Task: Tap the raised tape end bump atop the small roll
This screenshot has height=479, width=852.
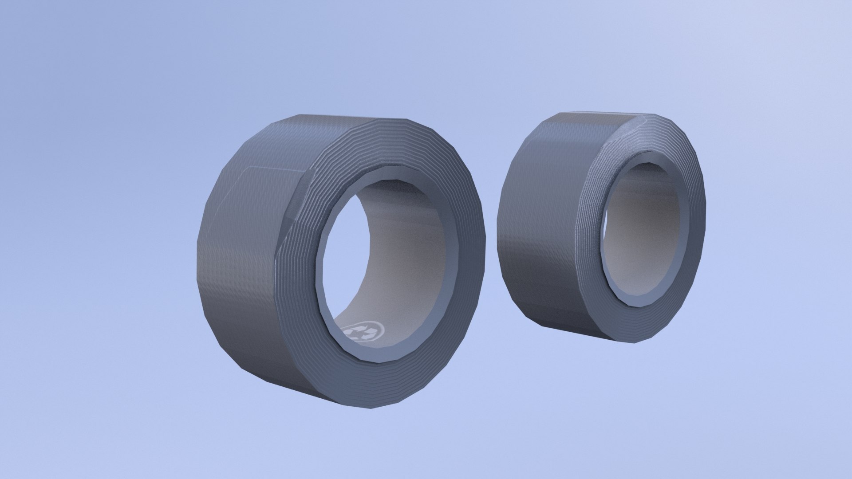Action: point(639,122)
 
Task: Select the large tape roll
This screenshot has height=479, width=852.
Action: point(337,262)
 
